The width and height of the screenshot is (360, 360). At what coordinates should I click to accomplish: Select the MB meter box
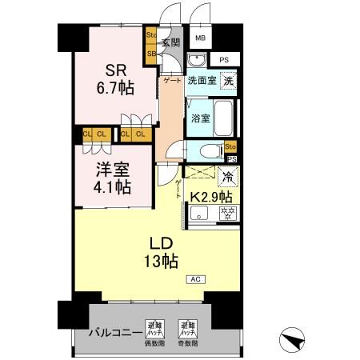[201, 38]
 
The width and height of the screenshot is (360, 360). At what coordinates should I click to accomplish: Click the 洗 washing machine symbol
[228, 81]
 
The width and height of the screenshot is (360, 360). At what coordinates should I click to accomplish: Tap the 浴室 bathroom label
[200, 118]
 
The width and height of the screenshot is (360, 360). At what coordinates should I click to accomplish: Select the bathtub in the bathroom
[226, 118]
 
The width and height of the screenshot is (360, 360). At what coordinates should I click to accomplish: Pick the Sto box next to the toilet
[230, 146]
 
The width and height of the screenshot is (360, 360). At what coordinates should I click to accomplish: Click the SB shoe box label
[151, 54]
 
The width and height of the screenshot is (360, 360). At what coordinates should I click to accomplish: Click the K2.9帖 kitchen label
[211, 196]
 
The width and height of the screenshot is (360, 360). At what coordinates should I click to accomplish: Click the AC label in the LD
[195, 278]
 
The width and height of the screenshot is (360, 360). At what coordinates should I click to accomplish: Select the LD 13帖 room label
[161, 250]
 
